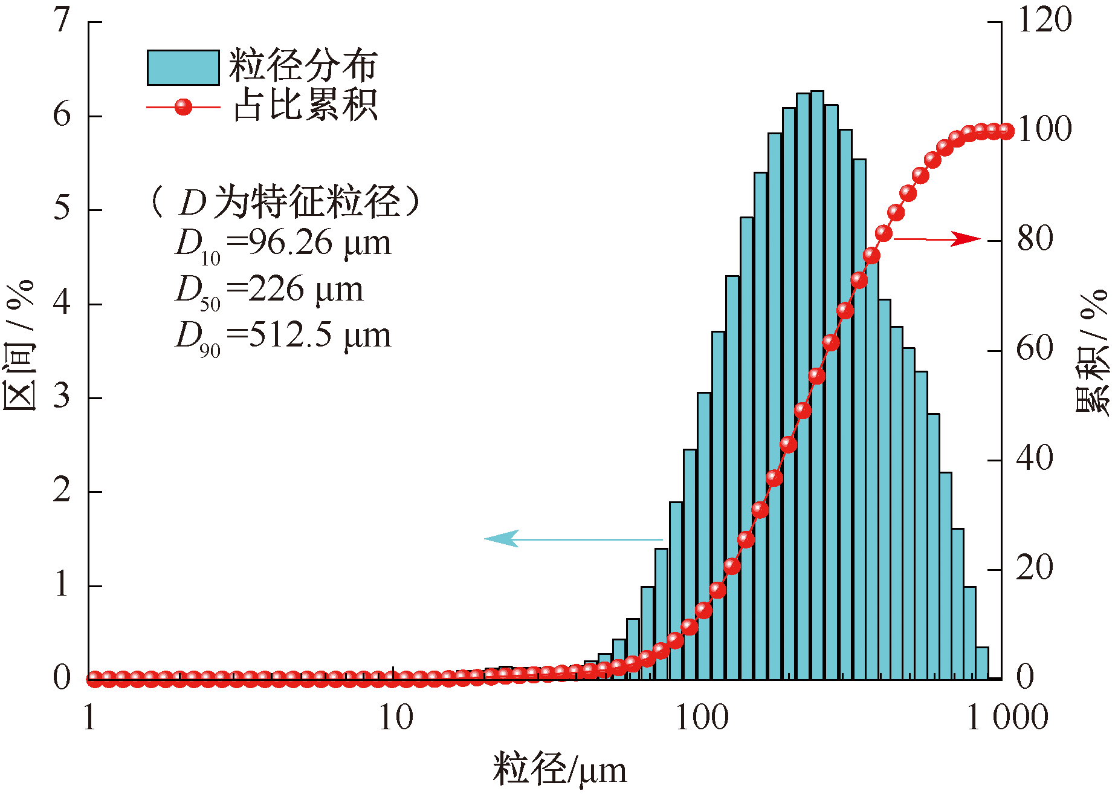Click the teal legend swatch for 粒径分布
183,67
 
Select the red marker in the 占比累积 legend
183,108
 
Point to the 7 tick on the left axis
62,22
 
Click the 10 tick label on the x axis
396,718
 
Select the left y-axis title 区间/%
19,345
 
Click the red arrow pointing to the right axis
937,239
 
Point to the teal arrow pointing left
574,538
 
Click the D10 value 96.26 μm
320,243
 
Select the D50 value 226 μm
306,290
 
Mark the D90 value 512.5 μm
320,336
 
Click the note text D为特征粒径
289,201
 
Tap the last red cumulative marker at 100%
1006,131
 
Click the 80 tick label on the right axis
1035,239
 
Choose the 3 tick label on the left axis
62,398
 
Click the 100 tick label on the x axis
702,718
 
